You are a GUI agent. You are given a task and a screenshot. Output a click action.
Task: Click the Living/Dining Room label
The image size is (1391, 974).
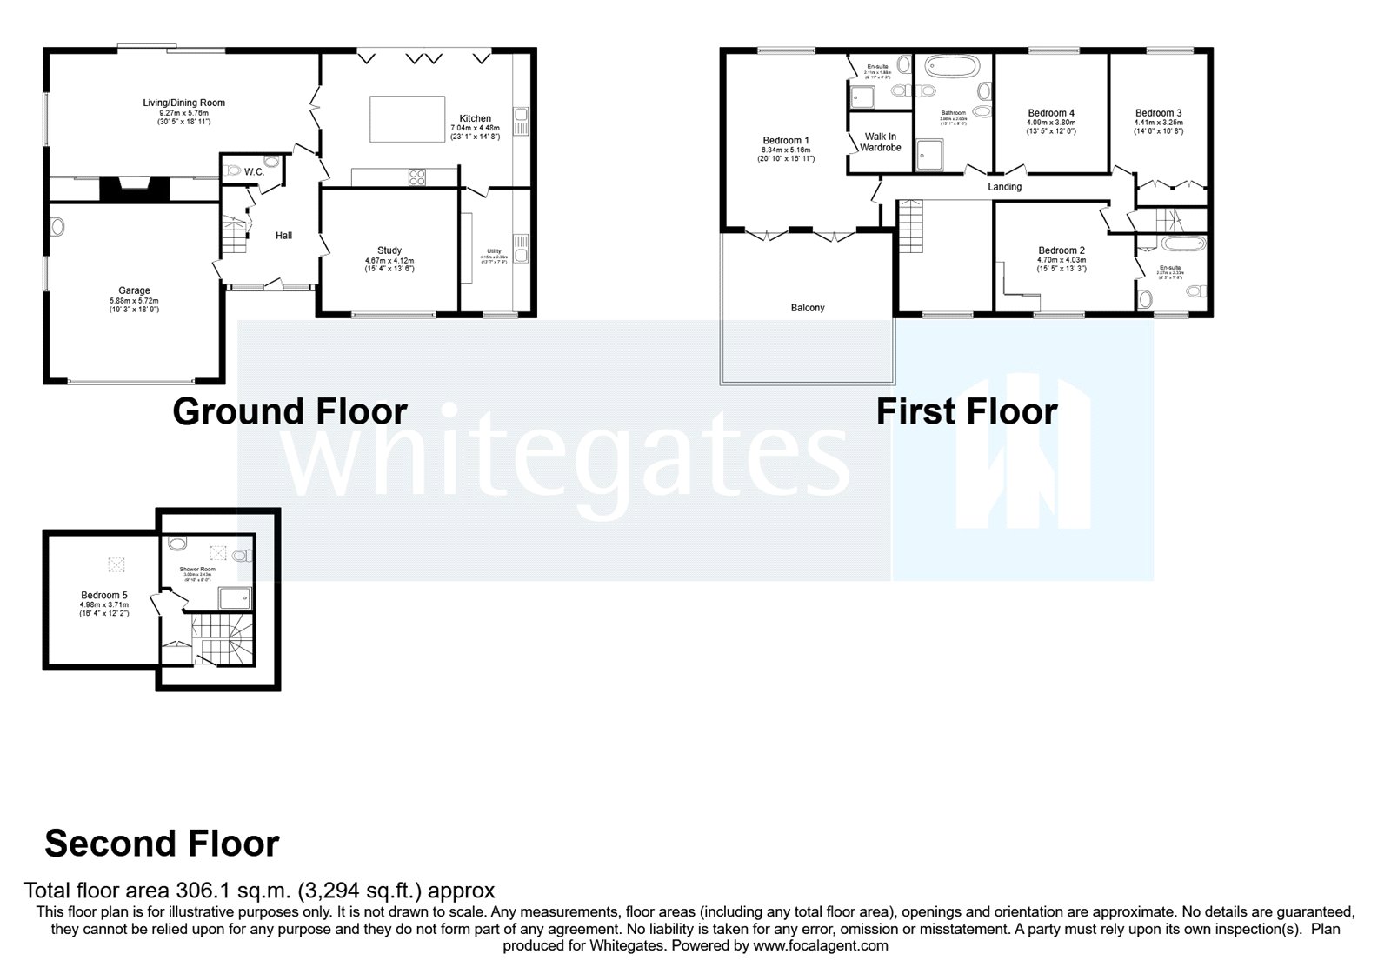183,103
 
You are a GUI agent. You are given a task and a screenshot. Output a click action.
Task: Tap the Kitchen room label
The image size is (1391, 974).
475,119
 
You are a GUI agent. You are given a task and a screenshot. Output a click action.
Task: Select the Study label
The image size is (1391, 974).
389,251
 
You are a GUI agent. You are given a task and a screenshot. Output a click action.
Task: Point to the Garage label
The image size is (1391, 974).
134,291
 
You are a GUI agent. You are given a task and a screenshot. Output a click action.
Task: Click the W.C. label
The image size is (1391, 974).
254,172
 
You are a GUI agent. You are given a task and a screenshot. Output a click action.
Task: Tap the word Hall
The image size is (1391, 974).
283,236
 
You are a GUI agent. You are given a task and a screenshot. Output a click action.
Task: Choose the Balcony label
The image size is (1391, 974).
808,308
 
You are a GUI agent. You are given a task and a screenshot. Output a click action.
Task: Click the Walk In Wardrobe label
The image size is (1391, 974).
881,143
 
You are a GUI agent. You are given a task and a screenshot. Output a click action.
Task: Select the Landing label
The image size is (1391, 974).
1004,187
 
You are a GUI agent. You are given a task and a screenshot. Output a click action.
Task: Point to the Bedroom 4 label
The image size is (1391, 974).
1051,113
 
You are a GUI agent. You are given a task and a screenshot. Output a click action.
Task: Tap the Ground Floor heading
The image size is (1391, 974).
290,411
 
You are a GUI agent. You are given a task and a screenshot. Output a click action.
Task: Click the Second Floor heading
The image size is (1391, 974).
162,844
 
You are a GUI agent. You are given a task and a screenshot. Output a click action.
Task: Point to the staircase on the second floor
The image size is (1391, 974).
222,638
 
